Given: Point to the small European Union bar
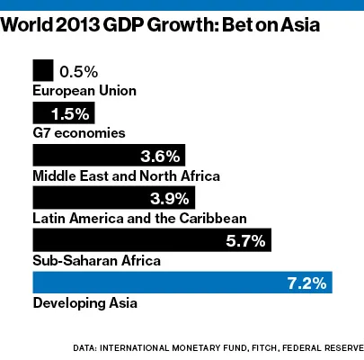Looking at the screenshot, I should tap(42, 70).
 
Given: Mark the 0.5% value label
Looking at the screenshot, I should tap(76, 71).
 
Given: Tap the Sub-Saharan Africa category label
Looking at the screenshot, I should tap(96, 261).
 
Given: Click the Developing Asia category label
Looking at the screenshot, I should tap(84, 304).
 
